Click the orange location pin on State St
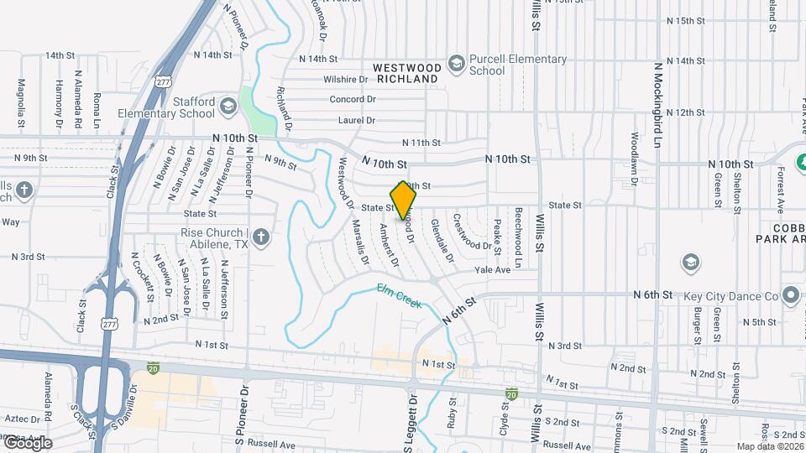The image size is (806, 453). pos(404,200)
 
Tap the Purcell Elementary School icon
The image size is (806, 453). pos(456,64)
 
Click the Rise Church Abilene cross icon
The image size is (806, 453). pos(261,237)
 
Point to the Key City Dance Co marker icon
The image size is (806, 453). pos(789,295)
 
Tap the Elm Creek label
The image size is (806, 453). pos(399,295)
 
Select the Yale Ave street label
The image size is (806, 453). pos(492,270)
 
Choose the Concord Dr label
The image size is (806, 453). pos(352,99)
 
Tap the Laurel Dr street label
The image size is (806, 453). pos(356,120)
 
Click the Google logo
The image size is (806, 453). pos(27,442)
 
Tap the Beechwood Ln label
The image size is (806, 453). pos(519,237)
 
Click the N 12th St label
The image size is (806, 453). pos(685,112)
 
